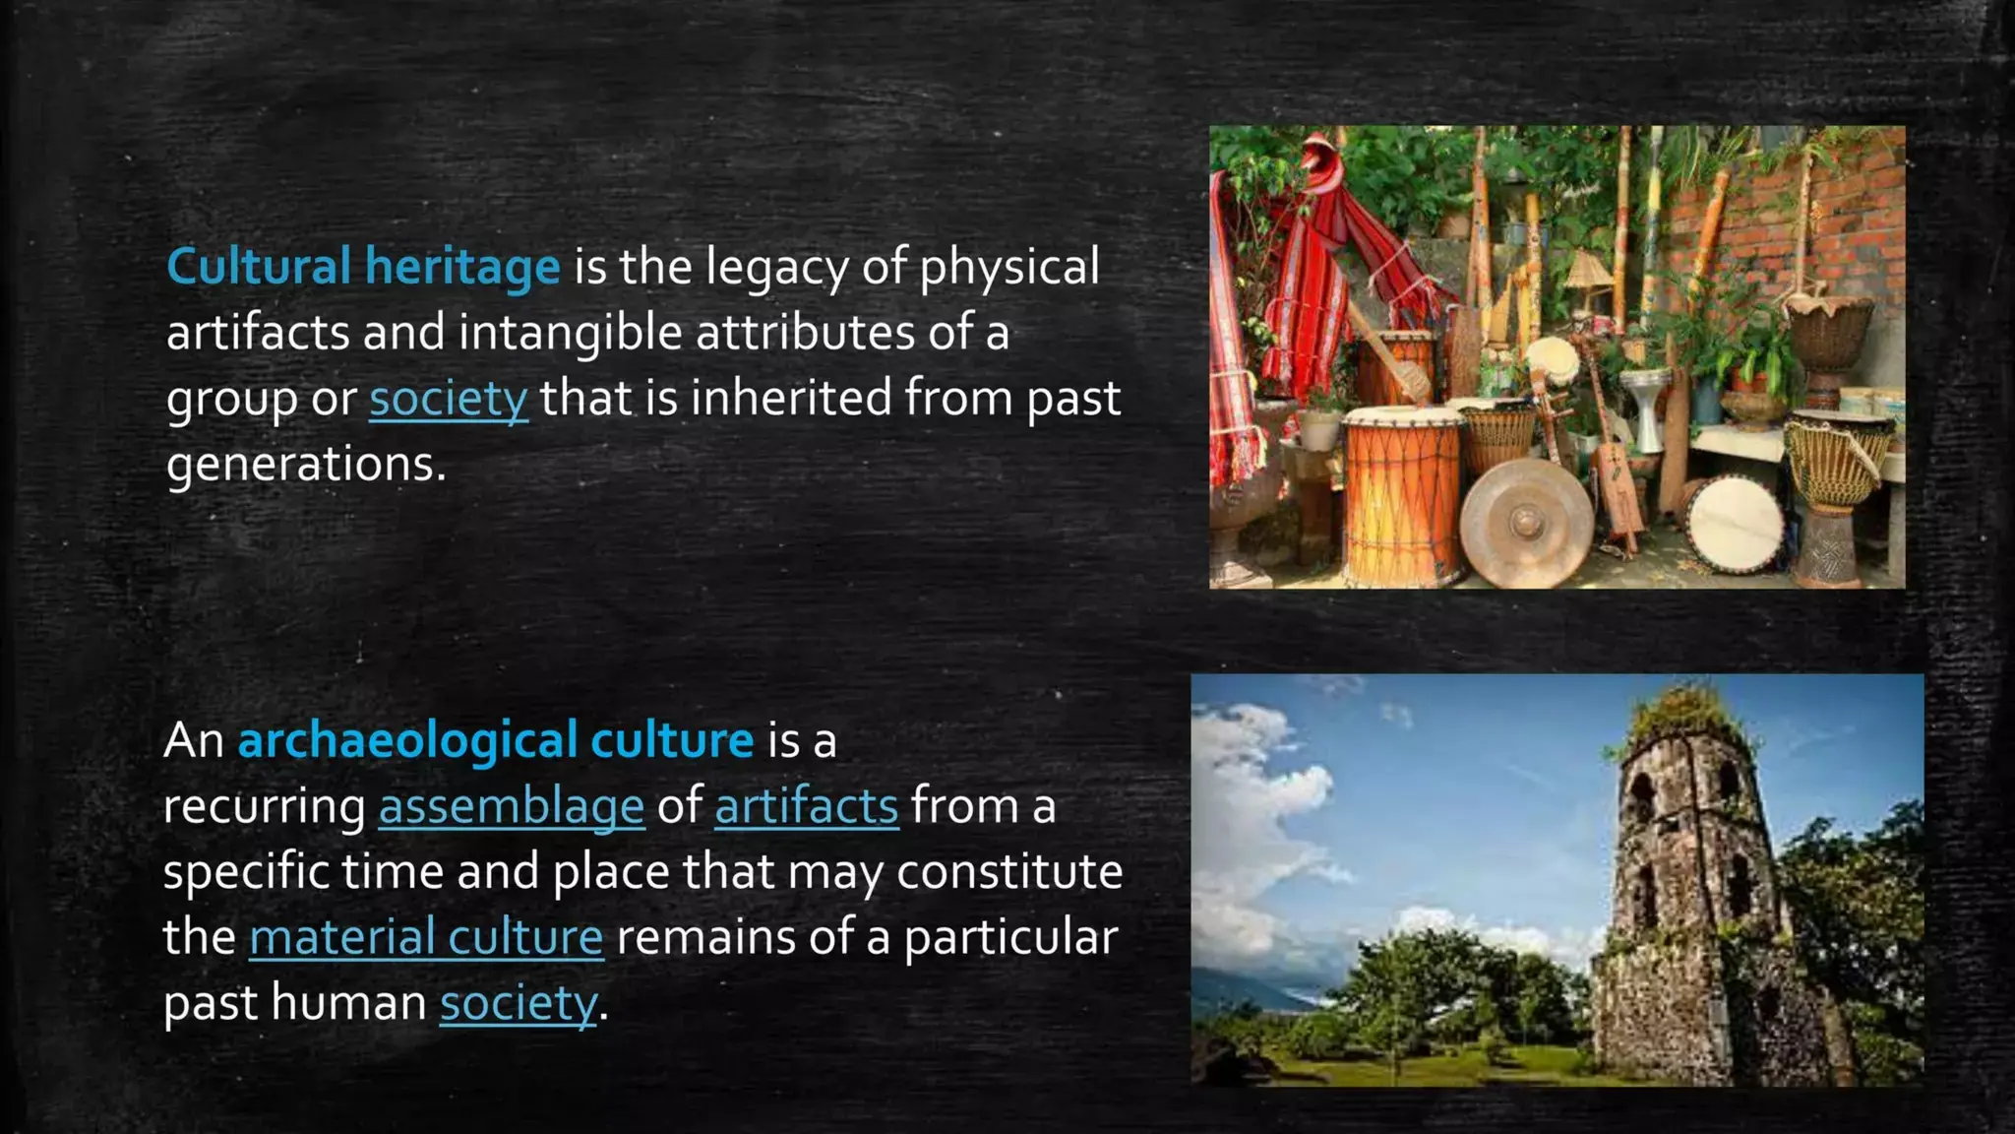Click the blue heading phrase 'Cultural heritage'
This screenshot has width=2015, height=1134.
(363, 266)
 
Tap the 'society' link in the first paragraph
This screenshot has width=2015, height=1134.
(449, 399)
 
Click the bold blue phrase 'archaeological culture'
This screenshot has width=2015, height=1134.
(495, 740)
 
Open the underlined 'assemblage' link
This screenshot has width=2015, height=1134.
(511, 806)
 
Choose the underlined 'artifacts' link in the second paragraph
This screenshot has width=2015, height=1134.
(806, 806)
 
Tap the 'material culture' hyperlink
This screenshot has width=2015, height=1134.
(426, 937)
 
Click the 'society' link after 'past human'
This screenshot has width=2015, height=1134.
(518, 1003)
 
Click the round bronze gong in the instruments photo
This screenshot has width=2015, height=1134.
(1525, 523)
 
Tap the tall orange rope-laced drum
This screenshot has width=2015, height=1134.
(1401, 492)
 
